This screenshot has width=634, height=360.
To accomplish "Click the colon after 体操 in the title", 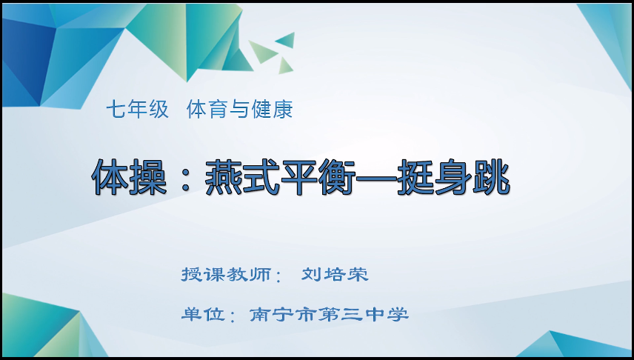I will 184,178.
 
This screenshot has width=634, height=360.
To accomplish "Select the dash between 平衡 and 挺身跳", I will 378,178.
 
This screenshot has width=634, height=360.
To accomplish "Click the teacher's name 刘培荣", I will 335,275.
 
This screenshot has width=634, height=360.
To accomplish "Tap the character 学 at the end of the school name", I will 398,314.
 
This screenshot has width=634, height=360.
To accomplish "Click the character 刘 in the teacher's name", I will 311,275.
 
